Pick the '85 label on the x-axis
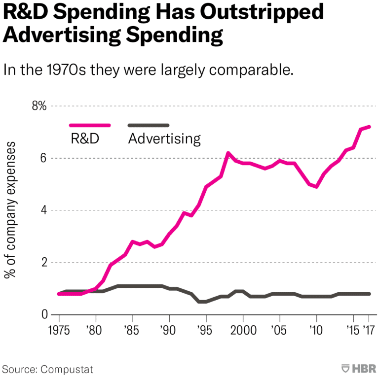pos(132,329)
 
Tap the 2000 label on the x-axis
pos(242,329)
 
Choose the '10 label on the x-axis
pos(316,329)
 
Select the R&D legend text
pos(85,138)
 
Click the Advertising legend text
pos(164,138)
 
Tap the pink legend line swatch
pos(90,126)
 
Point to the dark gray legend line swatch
pos(148,126)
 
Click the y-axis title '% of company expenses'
pos(11,209)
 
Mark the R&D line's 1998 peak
pos(228,153)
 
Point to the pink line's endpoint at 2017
pos(369,127)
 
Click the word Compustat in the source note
pos(68,369)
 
